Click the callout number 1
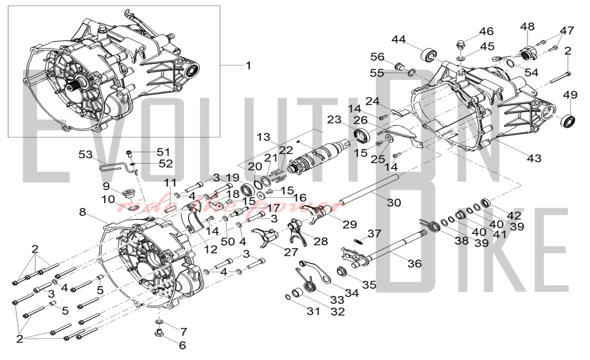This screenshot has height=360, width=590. (x=248, y=66)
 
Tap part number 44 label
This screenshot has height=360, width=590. (x=399, y=40)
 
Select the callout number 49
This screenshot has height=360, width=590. (x=570, y=95)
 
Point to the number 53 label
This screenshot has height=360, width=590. (x=86, y=155)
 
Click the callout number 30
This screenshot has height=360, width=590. (x=394, y=203)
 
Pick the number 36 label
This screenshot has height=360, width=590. (x=414, y=264)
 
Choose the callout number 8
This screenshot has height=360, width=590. (x=83, y=212)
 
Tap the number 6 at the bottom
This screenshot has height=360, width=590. (x=182, y=345)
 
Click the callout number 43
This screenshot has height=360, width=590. (x=534, y=158)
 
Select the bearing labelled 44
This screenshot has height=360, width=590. (x=429, y=55)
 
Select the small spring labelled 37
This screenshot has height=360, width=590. (x=358, y=241)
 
